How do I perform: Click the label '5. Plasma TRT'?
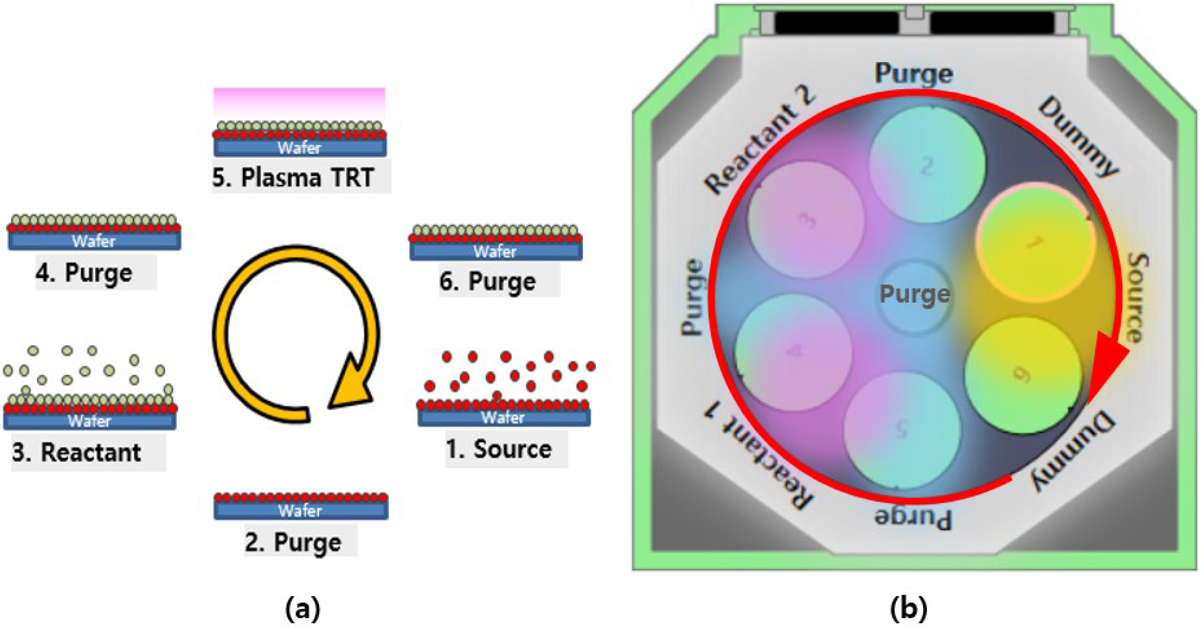click(293, 178)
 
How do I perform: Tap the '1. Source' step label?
click(499, 449)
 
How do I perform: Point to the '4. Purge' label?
click(84, 273)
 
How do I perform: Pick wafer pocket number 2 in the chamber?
click(927, 164)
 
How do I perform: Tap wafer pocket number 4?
click(793, 352)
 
